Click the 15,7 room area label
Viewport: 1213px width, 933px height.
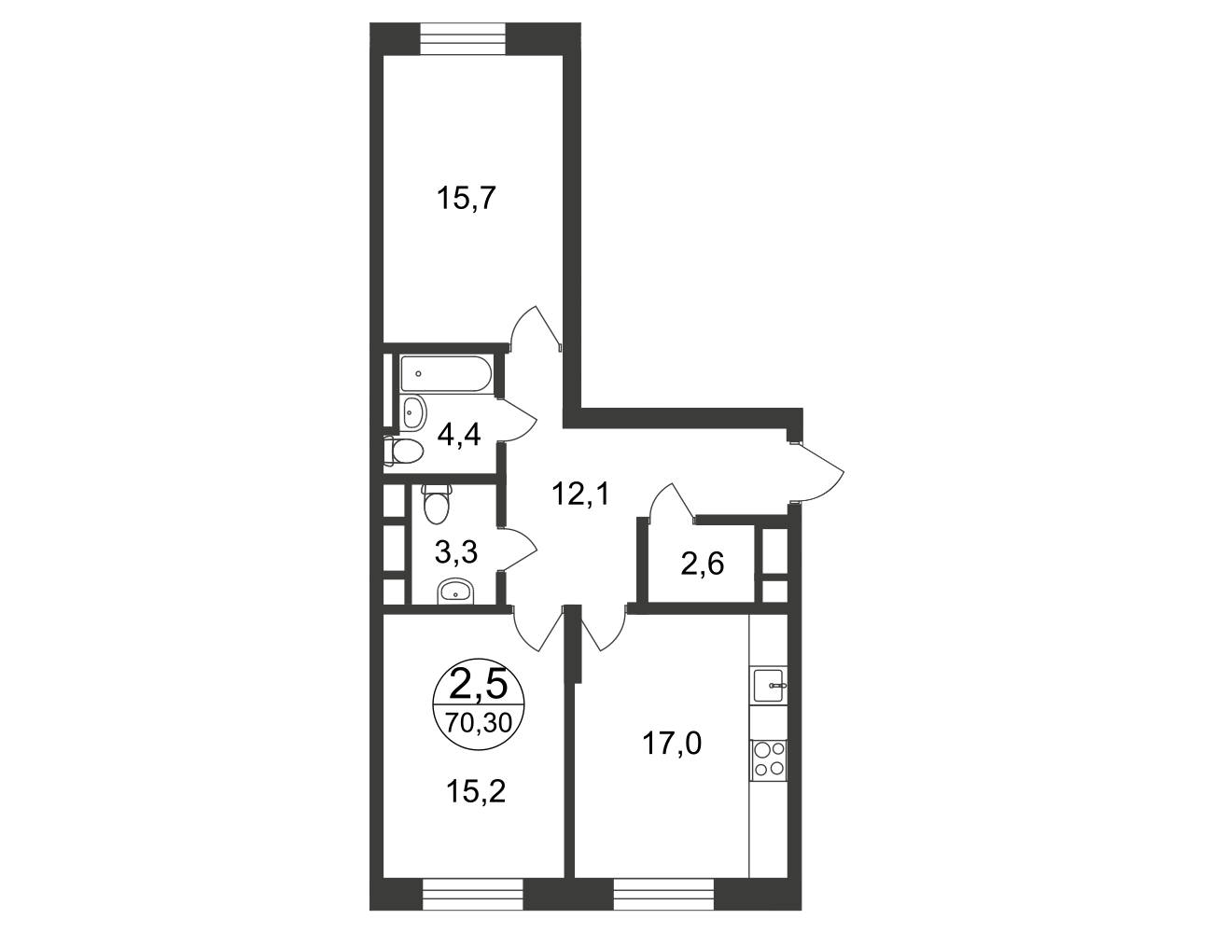coord(467,199)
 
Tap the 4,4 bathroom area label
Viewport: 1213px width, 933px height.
coord(459,436)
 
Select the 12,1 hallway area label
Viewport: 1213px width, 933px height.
coord(580,494)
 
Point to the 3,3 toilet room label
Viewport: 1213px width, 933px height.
coord(456,553)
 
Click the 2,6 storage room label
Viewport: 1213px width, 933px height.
coord(703,564)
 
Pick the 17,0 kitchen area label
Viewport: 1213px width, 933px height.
coord(672,745)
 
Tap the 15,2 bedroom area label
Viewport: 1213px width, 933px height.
coord(476,792)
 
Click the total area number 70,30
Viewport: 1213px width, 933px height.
coord(479,724)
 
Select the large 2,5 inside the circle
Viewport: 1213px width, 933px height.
coord(479,685)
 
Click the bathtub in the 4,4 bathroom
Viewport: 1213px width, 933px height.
coord(447,373)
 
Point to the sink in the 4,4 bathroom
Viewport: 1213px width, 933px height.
coord(413,413)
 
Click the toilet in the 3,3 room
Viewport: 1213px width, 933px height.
coord(436,504)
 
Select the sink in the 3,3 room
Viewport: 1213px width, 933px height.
coord(455,592)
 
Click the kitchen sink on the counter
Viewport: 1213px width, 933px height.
coord(770,685)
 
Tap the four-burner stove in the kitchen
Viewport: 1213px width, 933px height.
coord(769,760)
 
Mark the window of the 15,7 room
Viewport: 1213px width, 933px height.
coord(464,38)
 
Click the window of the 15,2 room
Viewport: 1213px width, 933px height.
coord(473,894)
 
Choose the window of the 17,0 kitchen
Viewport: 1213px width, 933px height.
coord(664,894)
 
